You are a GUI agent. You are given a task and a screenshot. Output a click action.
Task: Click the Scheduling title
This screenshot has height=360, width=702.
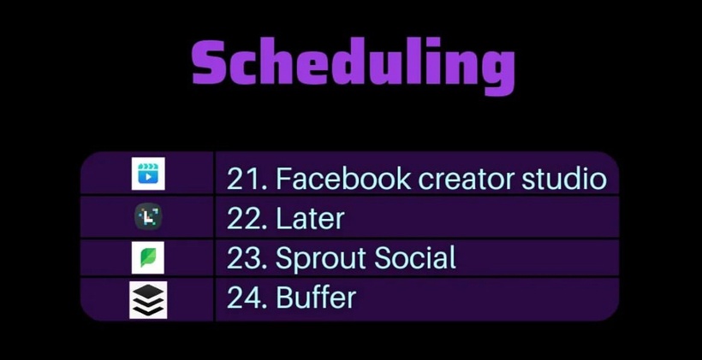coord(354,65)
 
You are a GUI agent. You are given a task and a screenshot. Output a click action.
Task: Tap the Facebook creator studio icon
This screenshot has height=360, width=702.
coord(148,174)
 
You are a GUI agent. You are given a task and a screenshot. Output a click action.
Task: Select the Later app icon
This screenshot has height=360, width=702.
coord(148,217)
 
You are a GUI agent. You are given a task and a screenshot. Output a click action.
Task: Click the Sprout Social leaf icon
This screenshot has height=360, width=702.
coord(148,257)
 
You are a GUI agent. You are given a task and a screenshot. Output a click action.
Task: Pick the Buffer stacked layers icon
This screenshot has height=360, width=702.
coord(148,299)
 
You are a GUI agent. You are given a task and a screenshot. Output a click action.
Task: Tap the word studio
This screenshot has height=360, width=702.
coord(564,179)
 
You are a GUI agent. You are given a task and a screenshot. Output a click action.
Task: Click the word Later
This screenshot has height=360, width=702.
coord(310,219)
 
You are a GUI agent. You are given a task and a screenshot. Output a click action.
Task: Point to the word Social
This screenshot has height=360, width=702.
coord(415,258)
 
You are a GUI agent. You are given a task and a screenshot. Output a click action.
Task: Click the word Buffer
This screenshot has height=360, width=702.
coord(316,297)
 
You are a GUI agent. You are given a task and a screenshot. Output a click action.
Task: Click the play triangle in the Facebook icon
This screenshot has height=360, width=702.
coord(149,177)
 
